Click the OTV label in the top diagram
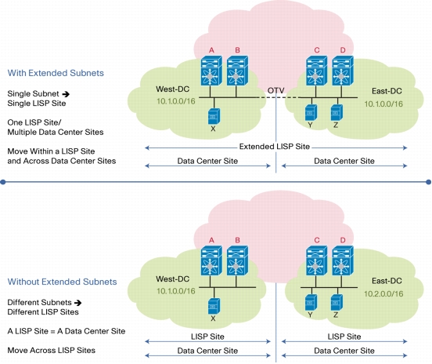(x=275, y=90)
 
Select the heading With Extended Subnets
(x=56, y=73)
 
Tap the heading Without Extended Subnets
(x=63, y=282)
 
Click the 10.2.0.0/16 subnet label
(x=383, y=294)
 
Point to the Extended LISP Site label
(x=275, y=147)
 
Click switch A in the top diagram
(x=211, y=71)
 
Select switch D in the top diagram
(x=343, y=71)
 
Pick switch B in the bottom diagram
(x=237, y=260)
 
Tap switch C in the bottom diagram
(x=316, y=260)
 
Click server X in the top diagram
(x=214, y=116)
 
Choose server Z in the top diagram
(x=337, y=113)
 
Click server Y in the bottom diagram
(x=311, y=302)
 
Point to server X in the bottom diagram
(x=214, y=306)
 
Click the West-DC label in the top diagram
(x=172, y=89)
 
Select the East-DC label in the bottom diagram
(x=387, y=281)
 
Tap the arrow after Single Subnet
(x=66, y=94)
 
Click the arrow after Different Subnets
(x=78, y=303)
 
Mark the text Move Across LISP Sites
(x=51, y=350)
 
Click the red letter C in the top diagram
(x=317, y=50)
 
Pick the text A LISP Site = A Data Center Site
(x=67, y=331)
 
